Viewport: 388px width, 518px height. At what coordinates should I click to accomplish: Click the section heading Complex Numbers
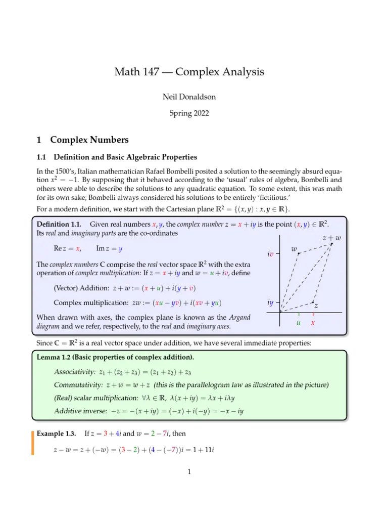click(x=87, y=140)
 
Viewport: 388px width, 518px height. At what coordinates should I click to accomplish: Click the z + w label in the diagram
click(x=331, y=238)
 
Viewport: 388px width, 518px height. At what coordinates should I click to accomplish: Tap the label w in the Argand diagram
click(x=295, y=249)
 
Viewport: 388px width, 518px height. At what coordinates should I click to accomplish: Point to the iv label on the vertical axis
click(x=270, y=254)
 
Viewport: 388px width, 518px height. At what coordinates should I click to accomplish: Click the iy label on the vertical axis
click(x=270, y=303)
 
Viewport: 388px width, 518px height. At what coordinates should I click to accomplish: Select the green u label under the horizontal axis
click(x=299, y=322)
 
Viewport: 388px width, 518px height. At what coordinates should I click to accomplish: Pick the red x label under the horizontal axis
click(x=313, y=322)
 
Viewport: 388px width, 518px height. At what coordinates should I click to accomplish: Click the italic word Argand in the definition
click(x=240, y=317)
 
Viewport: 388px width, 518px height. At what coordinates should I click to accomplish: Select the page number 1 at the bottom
click(x=189, y=472)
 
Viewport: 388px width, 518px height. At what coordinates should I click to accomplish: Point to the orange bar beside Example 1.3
click(x=33, y=442)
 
